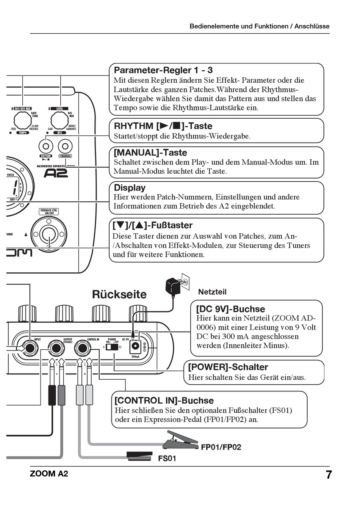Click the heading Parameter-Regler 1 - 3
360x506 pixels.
(163, 70)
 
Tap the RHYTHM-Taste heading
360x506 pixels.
(163, 126)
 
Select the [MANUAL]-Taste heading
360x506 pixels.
(150, 152)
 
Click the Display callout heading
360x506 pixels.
(130, 188)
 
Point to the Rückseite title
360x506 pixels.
(119, 294)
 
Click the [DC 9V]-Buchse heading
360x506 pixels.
(230, 309)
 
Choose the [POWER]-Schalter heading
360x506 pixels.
(228, 367)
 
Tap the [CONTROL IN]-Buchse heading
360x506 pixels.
(164, 401)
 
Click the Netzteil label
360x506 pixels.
(212, 292)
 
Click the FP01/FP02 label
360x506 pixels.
(221, 447)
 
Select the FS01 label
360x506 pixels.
(167, 459)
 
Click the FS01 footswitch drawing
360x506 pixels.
(139, 456)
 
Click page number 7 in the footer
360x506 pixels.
(329, 475)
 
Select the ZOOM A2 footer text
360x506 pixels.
(49, 474)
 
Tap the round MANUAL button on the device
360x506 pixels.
(65, 146)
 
